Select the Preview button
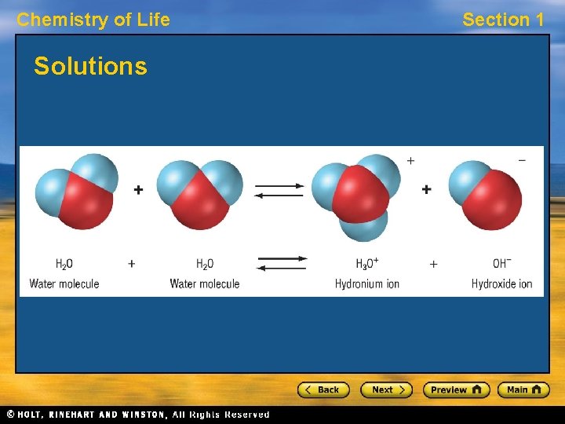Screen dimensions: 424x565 coord(456,389)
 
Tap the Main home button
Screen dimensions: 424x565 coord(526,389)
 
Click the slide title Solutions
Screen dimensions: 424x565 coord(90,66)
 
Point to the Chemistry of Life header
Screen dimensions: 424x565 coord(93,20)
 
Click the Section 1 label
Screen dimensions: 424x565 coord(503,20)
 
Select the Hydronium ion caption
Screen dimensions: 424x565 coord(367,283)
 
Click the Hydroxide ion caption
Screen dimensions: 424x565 coord(502,283)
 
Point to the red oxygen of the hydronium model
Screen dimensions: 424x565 coord(360,193)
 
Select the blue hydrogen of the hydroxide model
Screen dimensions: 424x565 coord(469,179)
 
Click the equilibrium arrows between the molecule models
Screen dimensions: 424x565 coord(279,190)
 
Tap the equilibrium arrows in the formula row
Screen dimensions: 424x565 coord(282,263)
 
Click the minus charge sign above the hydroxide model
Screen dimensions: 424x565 coord(522,161)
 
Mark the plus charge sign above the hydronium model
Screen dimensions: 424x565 coord(410,160)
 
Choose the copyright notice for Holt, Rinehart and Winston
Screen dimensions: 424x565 coord(137,415)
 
